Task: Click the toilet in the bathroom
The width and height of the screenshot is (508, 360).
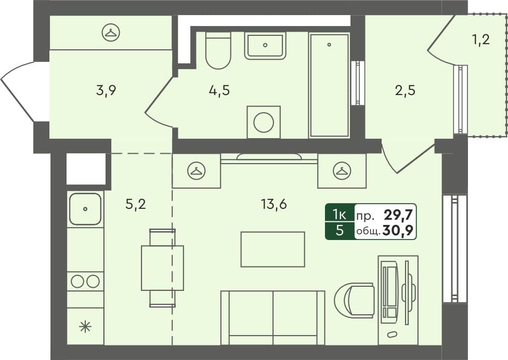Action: click(x=218, y=50)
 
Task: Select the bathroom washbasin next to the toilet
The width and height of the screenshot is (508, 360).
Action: click(x=265, y=45)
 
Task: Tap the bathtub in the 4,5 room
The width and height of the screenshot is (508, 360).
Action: click(x=329, y=85)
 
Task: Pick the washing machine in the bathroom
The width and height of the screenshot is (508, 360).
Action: click(x=264, y=122)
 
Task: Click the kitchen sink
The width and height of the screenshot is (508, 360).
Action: click(x=85, y=209)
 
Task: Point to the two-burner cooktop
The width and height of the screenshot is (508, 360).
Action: click(x=85, y=282)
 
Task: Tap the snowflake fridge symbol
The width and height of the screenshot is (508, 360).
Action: click(x=85, y=326)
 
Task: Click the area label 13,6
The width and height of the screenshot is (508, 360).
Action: click(x=274, y=205)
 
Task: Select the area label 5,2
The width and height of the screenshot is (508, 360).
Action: click(x=135, y=205)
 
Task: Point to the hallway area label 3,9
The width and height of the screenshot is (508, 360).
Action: click(x=106, y=90)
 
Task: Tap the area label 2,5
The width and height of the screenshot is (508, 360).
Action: click(x=405, y=90)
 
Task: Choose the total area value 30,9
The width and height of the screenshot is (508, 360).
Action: click(x=398, y=231)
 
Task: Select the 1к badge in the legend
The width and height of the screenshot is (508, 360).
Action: click(x=340, y=215)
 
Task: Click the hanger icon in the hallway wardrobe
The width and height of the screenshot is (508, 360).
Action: click(x=111, y=32)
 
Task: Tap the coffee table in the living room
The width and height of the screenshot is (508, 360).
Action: click(x=273, y=249)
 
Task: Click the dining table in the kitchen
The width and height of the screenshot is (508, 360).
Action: click(x=162, y=268)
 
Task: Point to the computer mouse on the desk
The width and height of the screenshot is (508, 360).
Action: click(x=392, y=334)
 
